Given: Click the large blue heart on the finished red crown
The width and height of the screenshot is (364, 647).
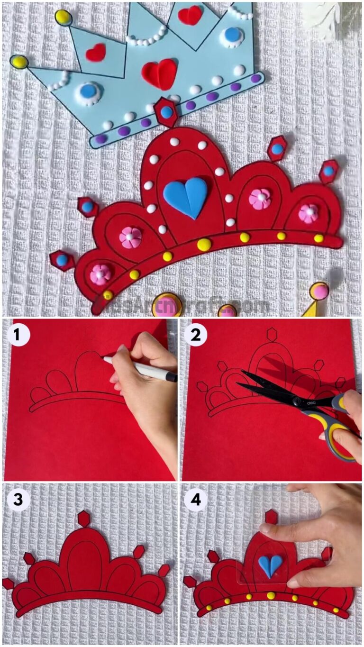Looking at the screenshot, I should pyautogui.click(x=185, y=197).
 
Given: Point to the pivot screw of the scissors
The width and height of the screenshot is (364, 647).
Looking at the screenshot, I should pyautogui.click(x=297, y=402).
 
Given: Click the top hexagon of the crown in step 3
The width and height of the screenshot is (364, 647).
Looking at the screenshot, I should pyautogui.click(x=84, y=519).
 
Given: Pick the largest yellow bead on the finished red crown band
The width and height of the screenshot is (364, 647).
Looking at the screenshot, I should pyautogui.click(x=204, y=245).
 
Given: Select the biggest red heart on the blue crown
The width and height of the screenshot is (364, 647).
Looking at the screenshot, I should pyautogui.click(x=159, y=74).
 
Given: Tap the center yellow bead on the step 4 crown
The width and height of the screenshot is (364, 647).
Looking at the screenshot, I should pyautogui.click(x=271, y=595).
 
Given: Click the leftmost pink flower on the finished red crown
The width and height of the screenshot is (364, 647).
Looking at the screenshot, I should pyautogui.click(x=100, y=273).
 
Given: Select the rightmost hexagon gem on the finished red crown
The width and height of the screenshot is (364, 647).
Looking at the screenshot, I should pyautogui.click(x=328, y=171).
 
